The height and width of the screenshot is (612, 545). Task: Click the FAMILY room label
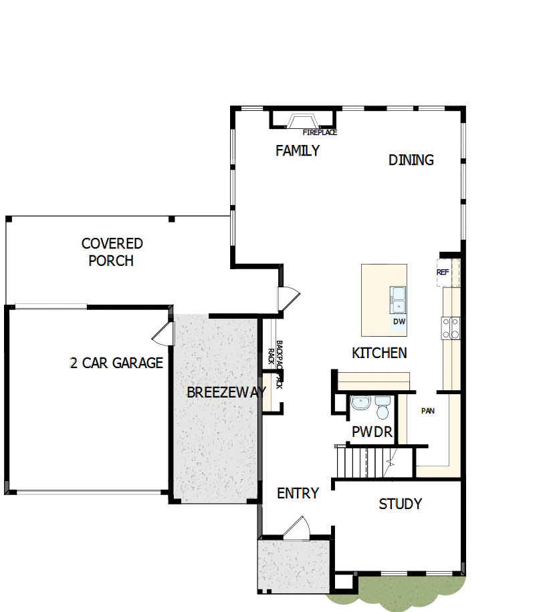point(298,151)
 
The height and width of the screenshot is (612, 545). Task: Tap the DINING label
point(411,160)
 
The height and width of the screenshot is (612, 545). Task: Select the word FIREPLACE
point(320,133)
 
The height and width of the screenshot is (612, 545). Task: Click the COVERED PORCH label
point(112,252)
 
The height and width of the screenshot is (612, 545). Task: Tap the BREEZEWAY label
point(226,392)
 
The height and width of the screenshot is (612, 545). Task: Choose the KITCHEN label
point(379,353)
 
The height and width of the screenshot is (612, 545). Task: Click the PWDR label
point(372,432)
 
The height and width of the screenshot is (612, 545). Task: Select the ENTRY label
point(298,494)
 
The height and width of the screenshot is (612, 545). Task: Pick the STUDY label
point(400,504)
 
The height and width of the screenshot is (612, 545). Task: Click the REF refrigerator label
point(443,273)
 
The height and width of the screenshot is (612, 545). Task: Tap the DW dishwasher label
point(399,322)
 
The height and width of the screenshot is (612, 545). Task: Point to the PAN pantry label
point(428,411)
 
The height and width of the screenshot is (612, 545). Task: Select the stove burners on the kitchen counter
point(450,327)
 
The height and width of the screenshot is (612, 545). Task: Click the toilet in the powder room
point(383,408)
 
